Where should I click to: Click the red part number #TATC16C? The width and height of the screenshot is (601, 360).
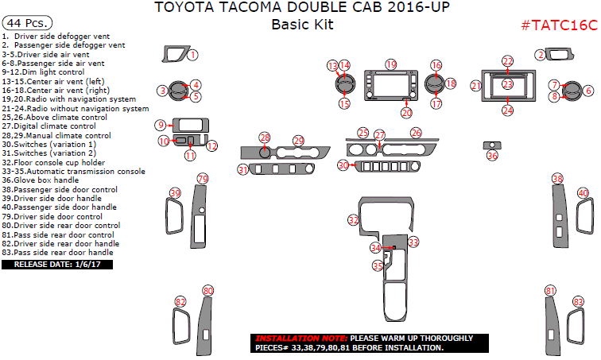[559, 25]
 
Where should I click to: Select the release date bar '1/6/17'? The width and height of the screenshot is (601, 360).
[58, 264]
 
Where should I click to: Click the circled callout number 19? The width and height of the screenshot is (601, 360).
[390, 64]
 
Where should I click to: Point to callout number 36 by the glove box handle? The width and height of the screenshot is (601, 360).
[492, 156]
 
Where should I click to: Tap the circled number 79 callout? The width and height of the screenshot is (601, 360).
[202, 179]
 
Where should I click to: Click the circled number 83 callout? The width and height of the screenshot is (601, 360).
[578, 301]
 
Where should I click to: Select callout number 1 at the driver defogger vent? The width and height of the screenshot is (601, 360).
[192, 54]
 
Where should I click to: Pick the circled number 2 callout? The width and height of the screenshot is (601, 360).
[540, 54]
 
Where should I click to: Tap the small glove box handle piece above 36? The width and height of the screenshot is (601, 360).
[492, 145]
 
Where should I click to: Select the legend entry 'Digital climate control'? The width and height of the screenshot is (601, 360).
[49, 126]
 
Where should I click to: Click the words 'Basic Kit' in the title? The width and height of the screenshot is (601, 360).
[302, 25]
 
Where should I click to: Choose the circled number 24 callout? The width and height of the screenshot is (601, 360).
[507, 110]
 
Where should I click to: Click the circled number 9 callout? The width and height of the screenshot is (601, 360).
[161, 125]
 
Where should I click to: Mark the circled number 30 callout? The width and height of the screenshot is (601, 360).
[343, 165]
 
